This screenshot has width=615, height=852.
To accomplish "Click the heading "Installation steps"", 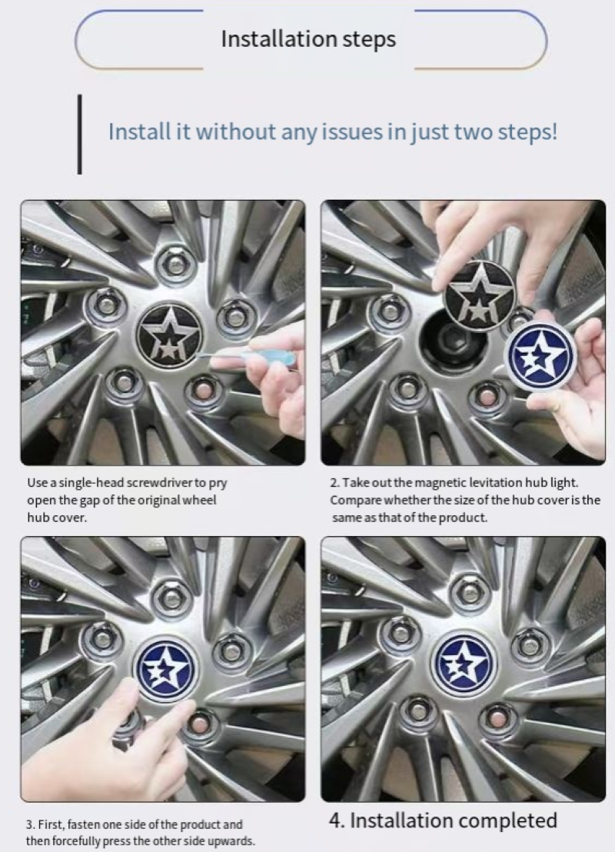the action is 308,39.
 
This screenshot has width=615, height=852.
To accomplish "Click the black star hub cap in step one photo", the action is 169,334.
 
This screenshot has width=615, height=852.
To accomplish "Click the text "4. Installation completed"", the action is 443,820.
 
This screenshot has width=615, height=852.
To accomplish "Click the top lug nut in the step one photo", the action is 175,265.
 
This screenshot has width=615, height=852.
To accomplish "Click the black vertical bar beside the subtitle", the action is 80,135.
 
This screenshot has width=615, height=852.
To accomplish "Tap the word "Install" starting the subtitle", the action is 138,131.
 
